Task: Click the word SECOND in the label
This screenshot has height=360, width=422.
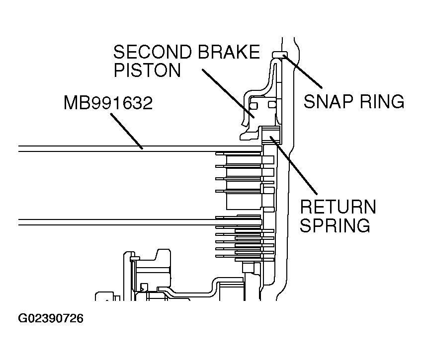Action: [152, 52]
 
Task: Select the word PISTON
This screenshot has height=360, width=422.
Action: [147, 70]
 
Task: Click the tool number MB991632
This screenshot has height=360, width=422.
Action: [108, 102]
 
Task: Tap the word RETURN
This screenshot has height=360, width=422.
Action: [338, 207]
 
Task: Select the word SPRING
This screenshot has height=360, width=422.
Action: [335, 225]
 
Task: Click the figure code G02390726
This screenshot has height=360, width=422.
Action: [51, 318]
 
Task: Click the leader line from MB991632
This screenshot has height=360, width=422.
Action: [126, 131]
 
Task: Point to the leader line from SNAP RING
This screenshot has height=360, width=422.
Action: [302, 71]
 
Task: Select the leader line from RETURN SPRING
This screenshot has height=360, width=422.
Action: [294, 165]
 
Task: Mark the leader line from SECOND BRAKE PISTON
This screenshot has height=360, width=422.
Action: [228, 93]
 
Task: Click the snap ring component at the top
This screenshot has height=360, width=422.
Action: [280, 54]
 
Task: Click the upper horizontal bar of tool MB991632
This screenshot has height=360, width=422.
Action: [140, 148]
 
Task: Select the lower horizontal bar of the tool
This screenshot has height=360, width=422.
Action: [140, 222]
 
